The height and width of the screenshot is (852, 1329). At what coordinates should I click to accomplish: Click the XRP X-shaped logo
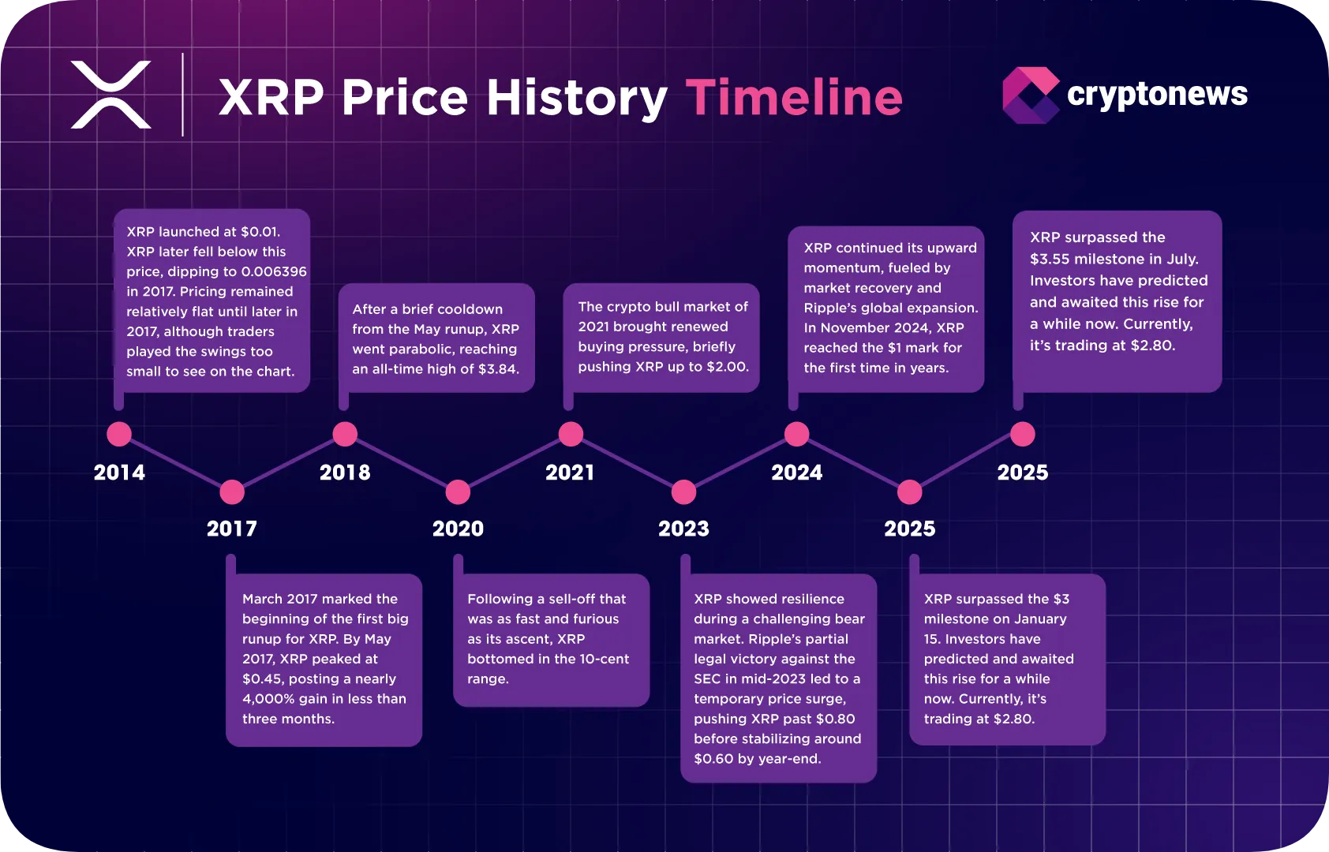coord(110,95)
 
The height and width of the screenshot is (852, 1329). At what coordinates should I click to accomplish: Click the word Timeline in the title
coord(793,98)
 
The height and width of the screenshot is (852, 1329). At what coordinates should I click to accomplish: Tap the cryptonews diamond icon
coord(1030,95)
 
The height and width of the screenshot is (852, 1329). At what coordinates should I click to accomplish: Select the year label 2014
coord(119,473)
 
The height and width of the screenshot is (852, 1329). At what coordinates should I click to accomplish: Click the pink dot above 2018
coord(345,434)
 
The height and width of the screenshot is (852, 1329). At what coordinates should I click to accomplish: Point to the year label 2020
coord(458,529)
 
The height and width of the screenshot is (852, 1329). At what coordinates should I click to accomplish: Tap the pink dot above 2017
coord(232,492)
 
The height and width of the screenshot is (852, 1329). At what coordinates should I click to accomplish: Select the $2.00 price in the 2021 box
coord(727,367)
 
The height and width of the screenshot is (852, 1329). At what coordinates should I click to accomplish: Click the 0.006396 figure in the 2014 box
coord(274,271)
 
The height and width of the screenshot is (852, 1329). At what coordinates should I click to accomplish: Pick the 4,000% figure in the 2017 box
coord(268,699)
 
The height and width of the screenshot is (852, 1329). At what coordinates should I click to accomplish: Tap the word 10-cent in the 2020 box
coord(604,659)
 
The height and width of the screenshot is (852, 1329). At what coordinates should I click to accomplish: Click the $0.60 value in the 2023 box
coord(713,759)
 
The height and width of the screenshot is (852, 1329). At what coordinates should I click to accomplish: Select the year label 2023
coord(683,529)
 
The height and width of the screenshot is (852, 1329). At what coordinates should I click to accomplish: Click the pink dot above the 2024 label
coord(796,434)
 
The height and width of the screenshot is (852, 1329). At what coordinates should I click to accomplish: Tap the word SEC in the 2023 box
coord(707,679)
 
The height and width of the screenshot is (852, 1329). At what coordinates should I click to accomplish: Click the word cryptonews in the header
coord(1157,95)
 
